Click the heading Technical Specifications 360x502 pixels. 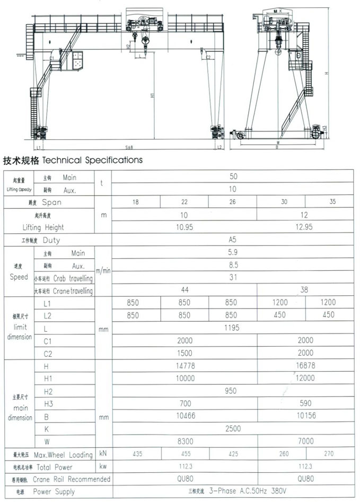point(73,160)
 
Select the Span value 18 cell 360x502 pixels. point(136,202)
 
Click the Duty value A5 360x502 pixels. point(233,240)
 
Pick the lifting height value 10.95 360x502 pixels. point(185,227)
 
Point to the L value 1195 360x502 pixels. point(233,328)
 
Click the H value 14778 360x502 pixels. point(185,366)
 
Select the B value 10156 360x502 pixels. point(306,416)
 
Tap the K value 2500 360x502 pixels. point(233,428)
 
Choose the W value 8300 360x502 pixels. point(185,441)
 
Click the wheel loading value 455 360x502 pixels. point(185,454)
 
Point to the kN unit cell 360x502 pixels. point(103,454)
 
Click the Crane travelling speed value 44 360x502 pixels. point(185,290)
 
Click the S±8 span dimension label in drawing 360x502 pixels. point(129,147)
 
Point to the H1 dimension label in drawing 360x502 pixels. point(153,95)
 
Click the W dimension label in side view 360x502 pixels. point(277,142)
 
